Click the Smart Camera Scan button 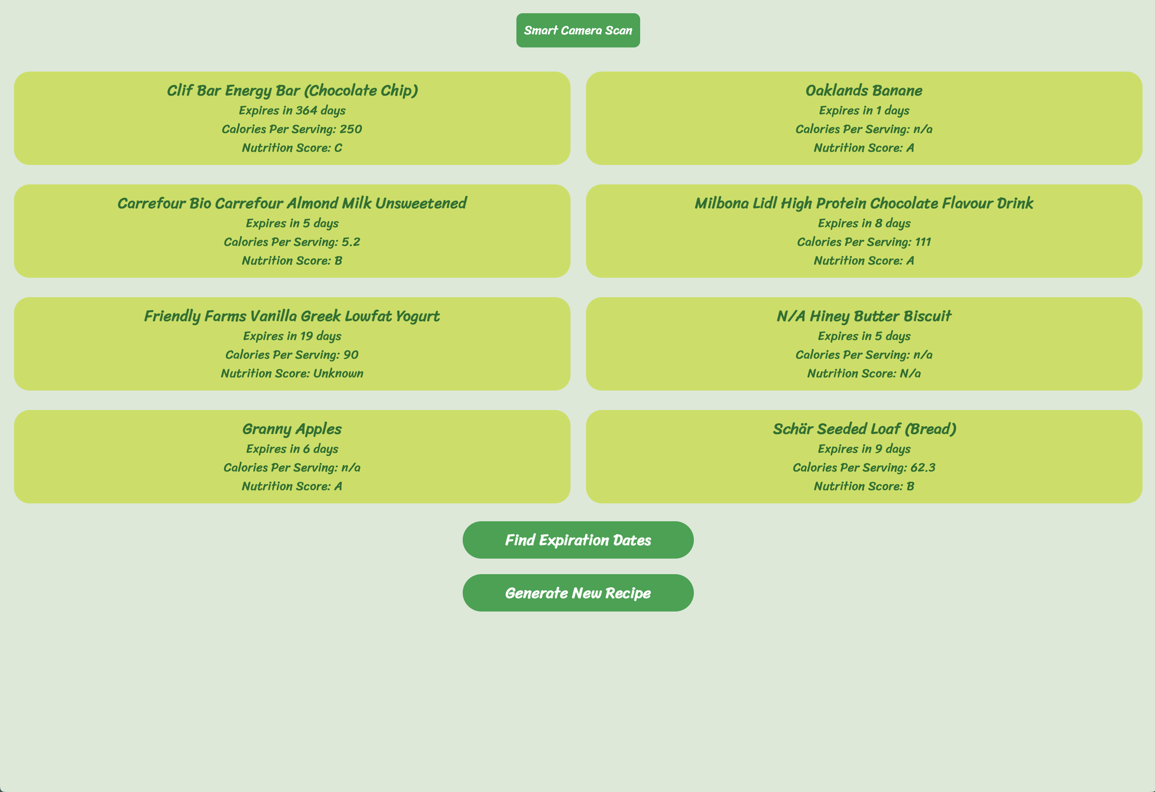tap(577, 30)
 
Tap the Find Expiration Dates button tap(577, 540)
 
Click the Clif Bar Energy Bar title tap(292, 90)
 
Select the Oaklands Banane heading tap(864, 90)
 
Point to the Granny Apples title tap(292, 429)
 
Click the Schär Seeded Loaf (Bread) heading tap(864, 429)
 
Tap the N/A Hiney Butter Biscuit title tap(864, 316)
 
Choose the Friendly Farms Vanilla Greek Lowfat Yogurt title tap(292, 316)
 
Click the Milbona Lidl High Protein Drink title tap(864, 203)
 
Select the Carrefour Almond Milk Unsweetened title tap(292, 203)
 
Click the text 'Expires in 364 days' tap(292, 110)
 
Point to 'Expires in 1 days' tap(864, 110)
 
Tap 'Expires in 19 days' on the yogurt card tap(292, 336)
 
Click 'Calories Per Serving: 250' tap(292, 129)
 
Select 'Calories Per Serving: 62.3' tap(864, 468)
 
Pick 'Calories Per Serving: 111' tap(864, 242)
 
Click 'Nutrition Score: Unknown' tap(292, 373)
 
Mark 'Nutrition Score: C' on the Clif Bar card tap(292, 147)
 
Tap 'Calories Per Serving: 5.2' tap(292, 242)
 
